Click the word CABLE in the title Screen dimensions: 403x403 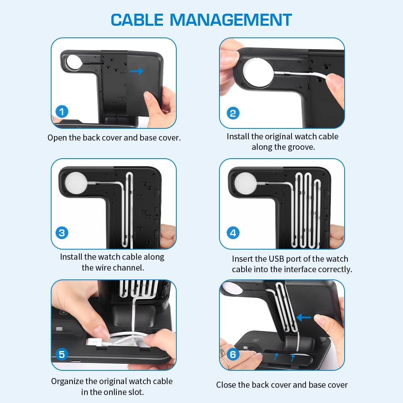click(137, 20)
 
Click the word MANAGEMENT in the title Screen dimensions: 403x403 click(231, 20)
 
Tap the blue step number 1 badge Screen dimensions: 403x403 click(62, 112)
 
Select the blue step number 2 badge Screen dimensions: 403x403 click(233, 113)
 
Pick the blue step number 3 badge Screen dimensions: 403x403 click(62, 233)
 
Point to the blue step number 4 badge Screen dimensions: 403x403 click(233, 233)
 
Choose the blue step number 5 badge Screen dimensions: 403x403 click(62, 354)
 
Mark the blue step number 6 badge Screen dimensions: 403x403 click(233, 354)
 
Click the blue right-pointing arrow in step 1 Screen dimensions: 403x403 click(136, 71)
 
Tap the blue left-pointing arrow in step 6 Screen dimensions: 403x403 click(304, 317)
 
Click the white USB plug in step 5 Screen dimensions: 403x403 click(95, 343)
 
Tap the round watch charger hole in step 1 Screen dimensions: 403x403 click(74, 62)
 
